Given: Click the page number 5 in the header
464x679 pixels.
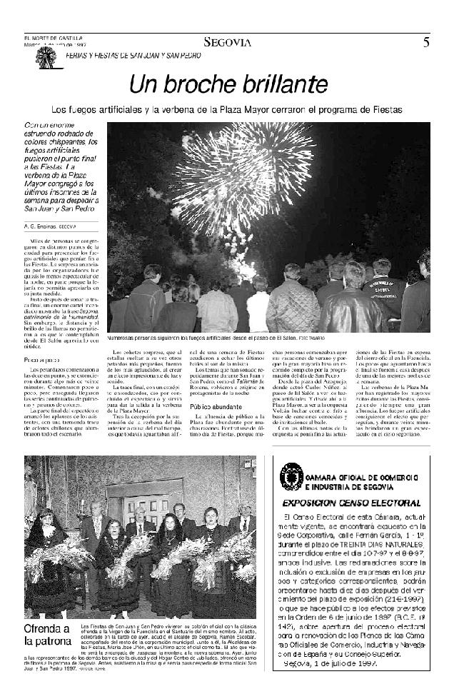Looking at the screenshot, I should tap(425, 42).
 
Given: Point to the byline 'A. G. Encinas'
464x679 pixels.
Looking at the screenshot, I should tap(40, 226).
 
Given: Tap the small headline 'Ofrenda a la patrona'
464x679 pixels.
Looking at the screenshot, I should tap(47, 635).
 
